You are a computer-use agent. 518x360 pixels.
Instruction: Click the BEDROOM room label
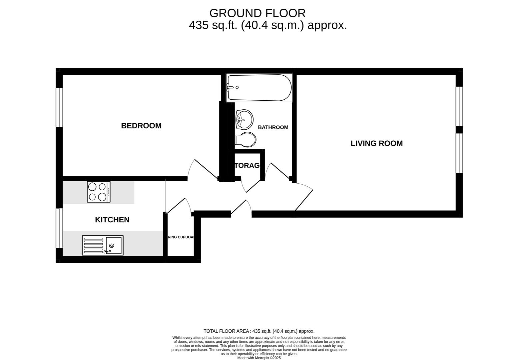pyautogui.click(x=141, y=126)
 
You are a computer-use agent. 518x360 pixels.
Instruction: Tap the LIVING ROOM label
pyautogui.click(x=376, y=143)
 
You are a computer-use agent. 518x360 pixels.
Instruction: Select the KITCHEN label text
pyautogui.click(x=112, y=220)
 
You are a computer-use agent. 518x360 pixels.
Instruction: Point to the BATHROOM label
pyautogui.click(x=273, y=127)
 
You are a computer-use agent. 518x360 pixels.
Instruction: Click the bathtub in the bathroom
pyautogui.click(x=259, y=88)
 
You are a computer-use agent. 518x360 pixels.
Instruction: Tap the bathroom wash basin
pyautogui.click(x=244, y=119)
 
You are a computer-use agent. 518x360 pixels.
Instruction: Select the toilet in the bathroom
pyautogui.click(x=246, y=140)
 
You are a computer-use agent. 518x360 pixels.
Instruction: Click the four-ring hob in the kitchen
pyautogui.click(x=99, y=192)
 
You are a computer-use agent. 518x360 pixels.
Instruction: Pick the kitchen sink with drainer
pyautogui.click(x=103, y=245)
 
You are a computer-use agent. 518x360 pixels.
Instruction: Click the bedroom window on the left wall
pyautogui.click(x=59, y=107)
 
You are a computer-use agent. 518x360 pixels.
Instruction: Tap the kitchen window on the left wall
pyautogui.click(x=59, y=228)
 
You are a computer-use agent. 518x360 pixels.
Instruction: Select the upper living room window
pyautogui.click(x=459, y=106)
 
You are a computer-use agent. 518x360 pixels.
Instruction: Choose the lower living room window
pyautogui.click(x=459, y=153)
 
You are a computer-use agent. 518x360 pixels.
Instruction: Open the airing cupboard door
pyautogui.click(x=179, y=206)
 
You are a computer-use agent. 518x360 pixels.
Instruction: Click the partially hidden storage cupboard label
pyautogui.click(x=247, y=166)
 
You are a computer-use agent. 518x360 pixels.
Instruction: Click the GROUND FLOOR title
pyautogui.click(x=257, y=13)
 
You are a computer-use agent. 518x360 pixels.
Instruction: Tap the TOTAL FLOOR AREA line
pyautogui.click(x=259, y=331)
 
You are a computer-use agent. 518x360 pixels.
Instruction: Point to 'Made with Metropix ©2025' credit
pyautogui.click(x=259, y=358)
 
